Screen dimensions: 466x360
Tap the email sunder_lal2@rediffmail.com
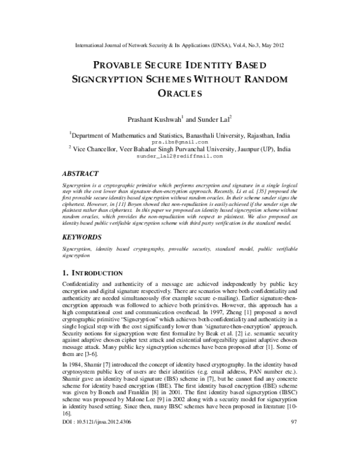click(x=179, y=156)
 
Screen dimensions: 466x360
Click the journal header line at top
click(x=179, y=44)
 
